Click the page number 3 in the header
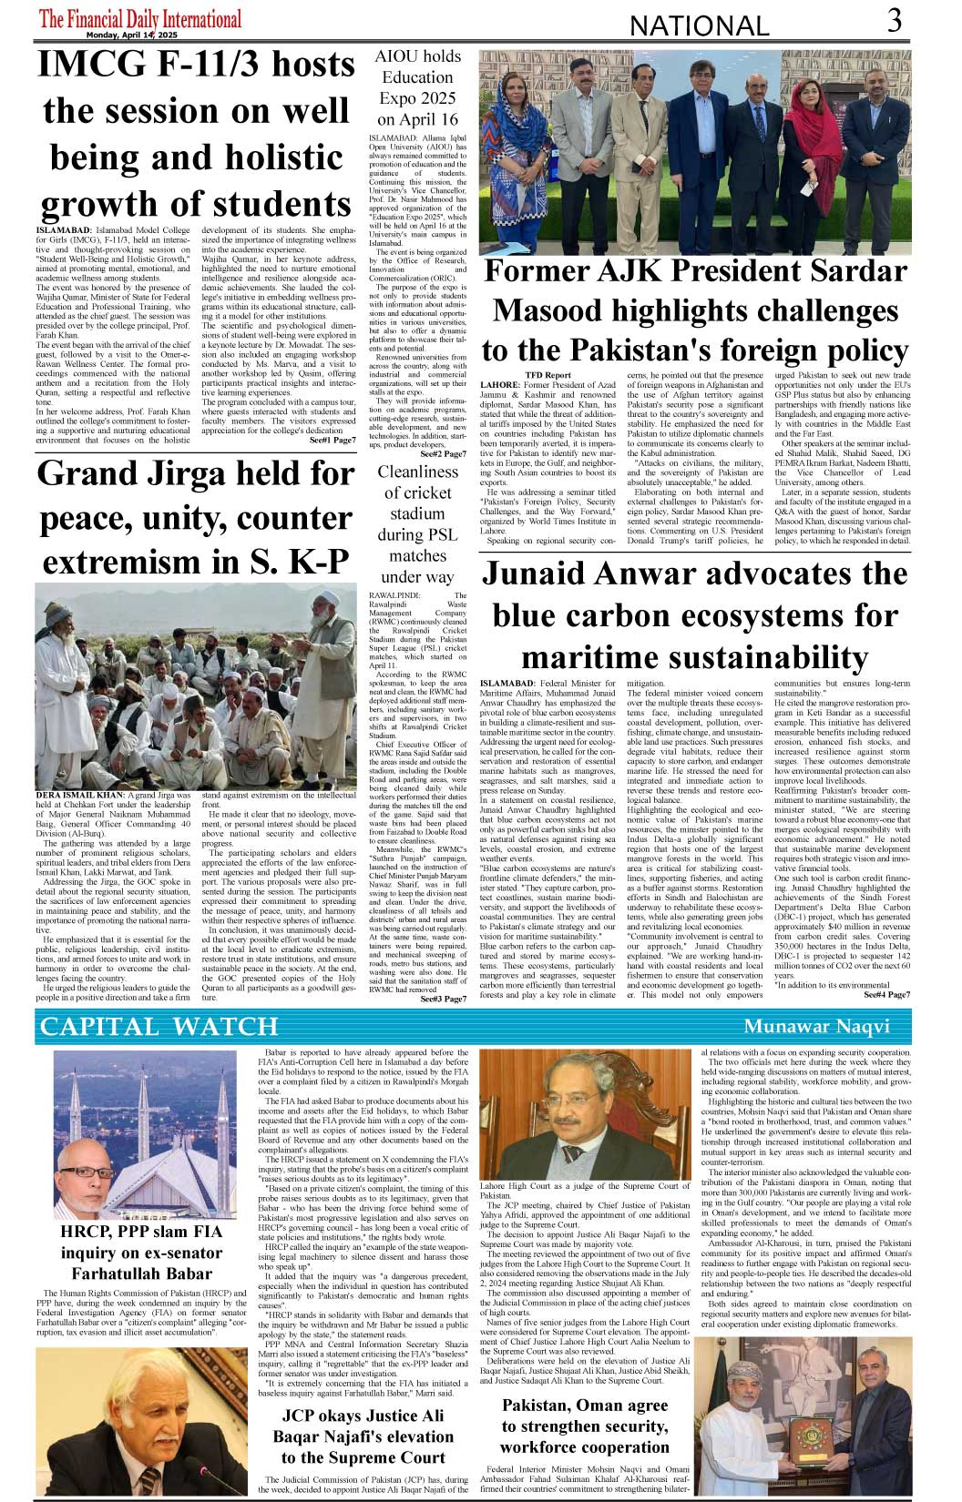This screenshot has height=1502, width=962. [x=895, y=20]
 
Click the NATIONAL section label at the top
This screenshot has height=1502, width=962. [x=699, y=26]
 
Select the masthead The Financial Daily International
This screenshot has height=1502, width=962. [x=140, y=17]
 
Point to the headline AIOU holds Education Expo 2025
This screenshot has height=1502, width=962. [x=418, y=87]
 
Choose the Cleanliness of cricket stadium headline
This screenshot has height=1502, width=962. [x=418, y=523]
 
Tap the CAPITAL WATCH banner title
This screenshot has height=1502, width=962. [x=159, y=1027]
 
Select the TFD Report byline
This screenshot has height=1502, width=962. [x=548, y=375]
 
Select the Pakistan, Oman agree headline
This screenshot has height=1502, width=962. [x=585, y=1426]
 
